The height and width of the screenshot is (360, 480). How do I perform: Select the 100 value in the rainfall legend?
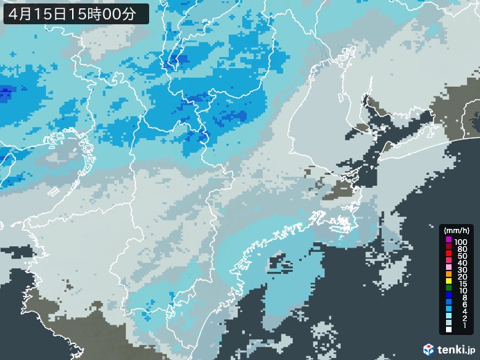click(461, 240)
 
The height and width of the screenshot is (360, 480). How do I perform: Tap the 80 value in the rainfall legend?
click(461, 248)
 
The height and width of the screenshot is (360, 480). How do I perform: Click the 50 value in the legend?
click(461, 256)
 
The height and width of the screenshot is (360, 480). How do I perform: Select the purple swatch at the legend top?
click(449, 240)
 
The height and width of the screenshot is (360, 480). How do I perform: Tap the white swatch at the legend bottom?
click(449, 339)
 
